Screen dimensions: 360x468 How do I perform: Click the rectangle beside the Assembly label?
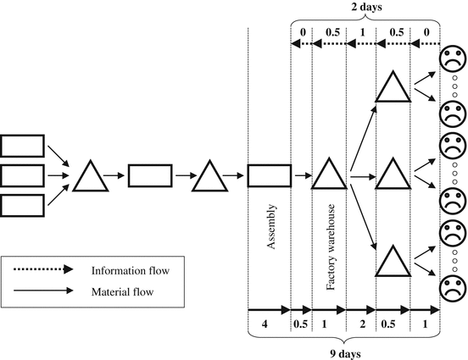click(x=269, y=176)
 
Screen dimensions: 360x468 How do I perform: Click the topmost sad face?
click(x=452, y=60)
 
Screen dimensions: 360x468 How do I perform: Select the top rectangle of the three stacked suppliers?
click(x=21, y=146)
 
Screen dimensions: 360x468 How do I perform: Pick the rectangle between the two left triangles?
click(x=149, y=176)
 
